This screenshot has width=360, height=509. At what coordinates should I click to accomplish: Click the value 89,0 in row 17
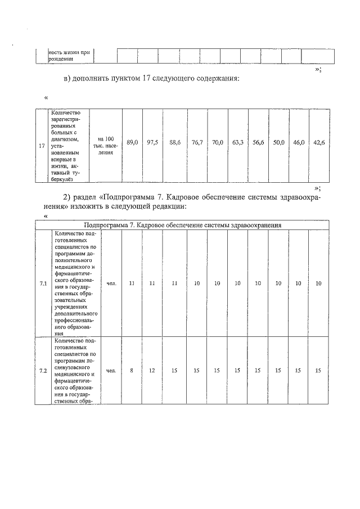(132, 143)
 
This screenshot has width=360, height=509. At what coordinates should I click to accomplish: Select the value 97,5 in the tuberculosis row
(152, 143)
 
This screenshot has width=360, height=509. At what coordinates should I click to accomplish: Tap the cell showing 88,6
(174, 143)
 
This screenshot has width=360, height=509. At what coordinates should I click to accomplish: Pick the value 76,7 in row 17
(197, 143)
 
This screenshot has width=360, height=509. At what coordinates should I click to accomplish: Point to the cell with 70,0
(218, 143)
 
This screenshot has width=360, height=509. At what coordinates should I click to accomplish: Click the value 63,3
(237, 143)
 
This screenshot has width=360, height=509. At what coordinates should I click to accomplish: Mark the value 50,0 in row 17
(278, 143)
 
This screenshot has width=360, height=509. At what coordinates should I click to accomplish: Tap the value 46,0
(299, 143)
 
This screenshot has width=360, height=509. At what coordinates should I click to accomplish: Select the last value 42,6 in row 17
(319, 143)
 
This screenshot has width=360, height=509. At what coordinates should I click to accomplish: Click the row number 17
(41, 146)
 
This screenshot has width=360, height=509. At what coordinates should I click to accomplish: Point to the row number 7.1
(43, 283)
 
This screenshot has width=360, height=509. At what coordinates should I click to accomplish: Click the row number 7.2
(43, 371)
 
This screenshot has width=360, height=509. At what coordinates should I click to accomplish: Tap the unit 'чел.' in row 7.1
(111, 283)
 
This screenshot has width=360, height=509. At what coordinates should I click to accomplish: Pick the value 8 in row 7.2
(132, 371)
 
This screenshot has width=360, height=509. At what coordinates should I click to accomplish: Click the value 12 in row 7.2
(152, 371)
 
